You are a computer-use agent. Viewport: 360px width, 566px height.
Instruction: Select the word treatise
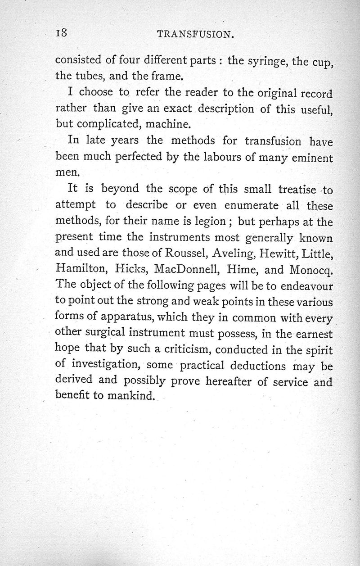[x=290, y=190]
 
